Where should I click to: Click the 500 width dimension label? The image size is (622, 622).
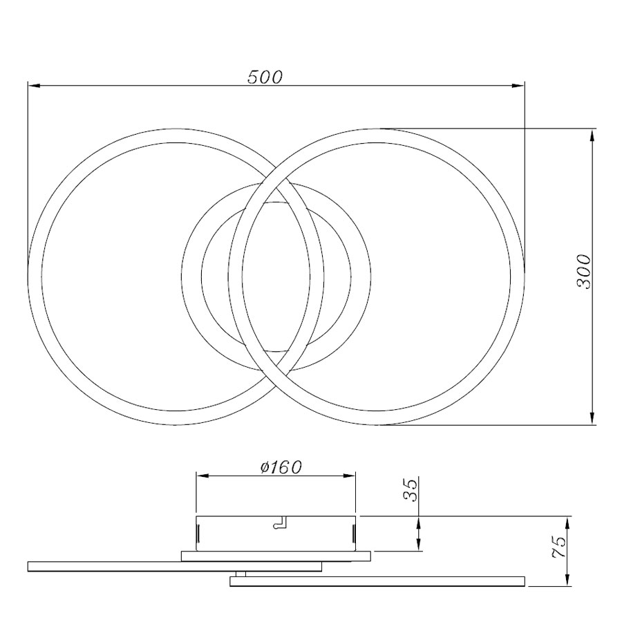(x=265, y=77)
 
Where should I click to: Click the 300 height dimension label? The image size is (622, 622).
(x=583, y=272)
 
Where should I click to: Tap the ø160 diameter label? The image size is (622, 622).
(x=281, y=467)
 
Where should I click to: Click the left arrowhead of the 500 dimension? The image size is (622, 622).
(x=35, y=85)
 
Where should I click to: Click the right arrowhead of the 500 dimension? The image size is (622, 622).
(x=518, y=85)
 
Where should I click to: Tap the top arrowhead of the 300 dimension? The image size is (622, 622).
(x=592, y=135)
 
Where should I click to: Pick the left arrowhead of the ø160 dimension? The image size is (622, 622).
(x=202, y=475)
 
